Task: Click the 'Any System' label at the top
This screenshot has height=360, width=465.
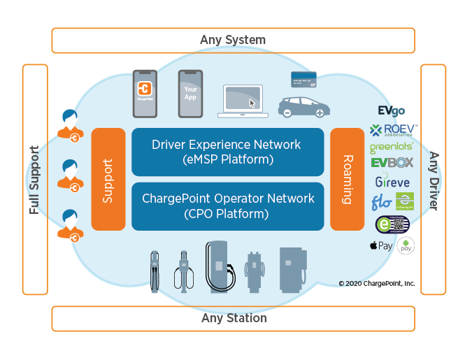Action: click(233, 40)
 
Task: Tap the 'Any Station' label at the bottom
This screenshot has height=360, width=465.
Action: click(233, 318)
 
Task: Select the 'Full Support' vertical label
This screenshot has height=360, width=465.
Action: click(35, 179)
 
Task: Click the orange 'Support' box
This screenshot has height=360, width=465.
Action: click(108, 179)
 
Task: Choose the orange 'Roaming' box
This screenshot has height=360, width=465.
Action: click(347, 179)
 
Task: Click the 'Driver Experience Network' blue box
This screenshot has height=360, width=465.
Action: click(227, 152)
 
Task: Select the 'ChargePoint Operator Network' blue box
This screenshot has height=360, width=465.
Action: click(227, 206)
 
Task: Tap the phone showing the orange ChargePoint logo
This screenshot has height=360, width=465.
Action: click(145, 93)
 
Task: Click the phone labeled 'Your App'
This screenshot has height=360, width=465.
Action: click(190, 93)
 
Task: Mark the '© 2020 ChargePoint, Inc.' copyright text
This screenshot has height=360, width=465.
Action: click(376, 283)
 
